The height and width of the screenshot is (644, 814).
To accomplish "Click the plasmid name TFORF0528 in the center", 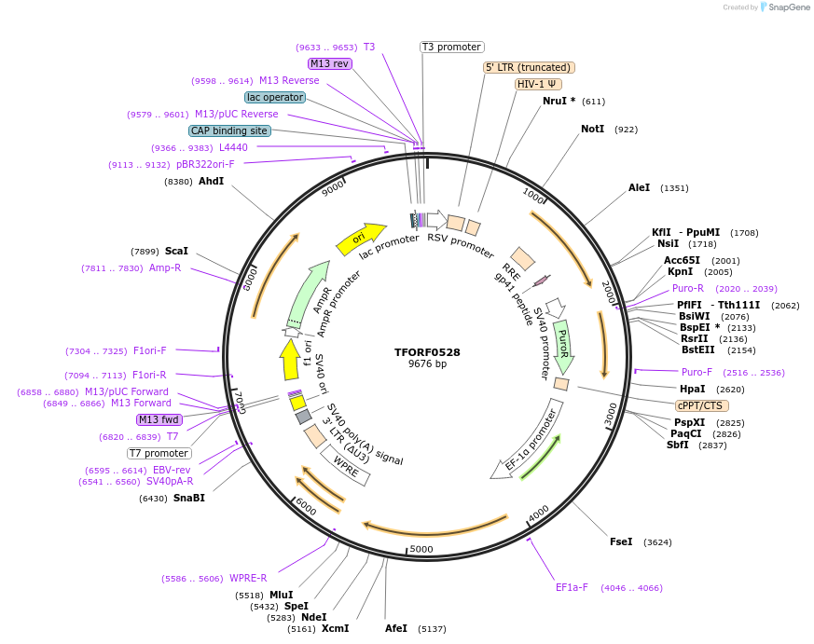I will pyautogui.click(x=427, y=352).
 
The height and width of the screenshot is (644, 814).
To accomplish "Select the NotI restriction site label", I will pyautogui.click(x=592, y=130).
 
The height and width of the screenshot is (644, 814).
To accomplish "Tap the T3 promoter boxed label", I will pyautogui.click(x=451, y=47).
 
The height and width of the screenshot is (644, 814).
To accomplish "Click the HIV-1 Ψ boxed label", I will pyautogui.click(x=538, y=84).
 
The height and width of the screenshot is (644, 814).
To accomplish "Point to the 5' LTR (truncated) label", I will pyautogui.click(x=529, y=67).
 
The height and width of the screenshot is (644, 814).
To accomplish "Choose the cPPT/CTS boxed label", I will pyautogui.click(x=702, y=405).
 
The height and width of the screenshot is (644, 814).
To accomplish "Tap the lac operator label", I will pyautogui.click(x=275, y=97).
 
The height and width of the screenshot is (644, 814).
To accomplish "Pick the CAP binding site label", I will pyautogui.click(x=229, y=130).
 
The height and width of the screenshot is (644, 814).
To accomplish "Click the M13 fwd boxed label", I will pyautogui.click(x=159, y=419).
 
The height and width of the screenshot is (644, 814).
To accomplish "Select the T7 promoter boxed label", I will pyautogui.click(x=159, y=453).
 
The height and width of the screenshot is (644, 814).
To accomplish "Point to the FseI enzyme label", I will pyautogui.click(x=621, y=541).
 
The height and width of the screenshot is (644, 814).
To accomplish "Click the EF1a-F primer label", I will pyautogui.click(x=572, y=587).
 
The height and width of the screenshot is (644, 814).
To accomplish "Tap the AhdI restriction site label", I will pyautogui.click(x=211, y=181).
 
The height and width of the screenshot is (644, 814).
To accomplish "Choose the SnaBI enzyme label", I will pyautogui.click(x=188, y=498).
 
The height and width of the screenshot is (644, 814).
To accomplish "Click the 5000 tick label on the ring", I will pyautogui.click(x=421, y=549).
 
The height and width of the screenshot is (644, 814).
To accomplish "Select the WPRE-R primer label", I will pyautogui.click(x=248, y=578).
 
